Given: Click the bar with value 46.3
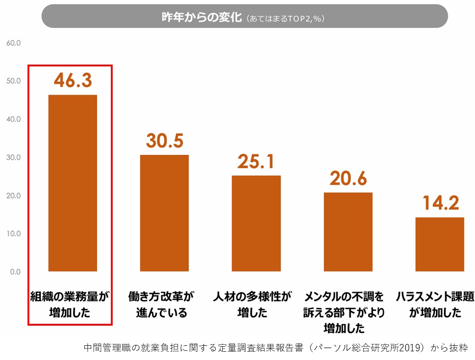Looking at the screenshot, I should pos(72,183).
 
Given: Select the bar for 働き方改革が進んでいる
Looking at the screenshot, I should pos(164,213).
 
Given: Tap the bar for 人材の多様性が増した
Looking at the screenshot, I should pos(256,223).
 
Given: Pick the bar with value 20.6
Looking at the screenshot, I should pos(348,232).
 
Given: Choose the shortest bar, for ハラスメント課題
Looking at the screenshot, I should pos(439,244).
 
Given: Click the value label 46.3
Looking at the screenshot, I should pos(72,80).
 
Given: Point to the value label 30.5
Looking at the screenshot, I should pos(164,141).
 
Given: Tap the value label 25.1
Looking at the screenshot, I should pos(256,161).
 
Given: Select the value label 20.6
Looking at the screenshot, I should pos(348,178).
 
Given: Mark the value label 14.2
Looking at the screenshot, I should pos(440,203).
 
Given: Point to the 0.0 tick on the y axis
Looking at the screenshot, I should pos(15,272).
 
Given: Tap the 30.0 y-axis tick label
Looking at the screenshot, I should pos(13,157).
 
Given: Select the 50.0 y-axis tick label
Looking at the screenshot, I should pos(13,81).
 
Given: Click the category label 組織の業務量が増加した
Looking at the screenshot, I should pos(70,305).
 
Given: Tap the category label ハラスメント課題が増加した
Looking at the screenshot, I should pos(435,305).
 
